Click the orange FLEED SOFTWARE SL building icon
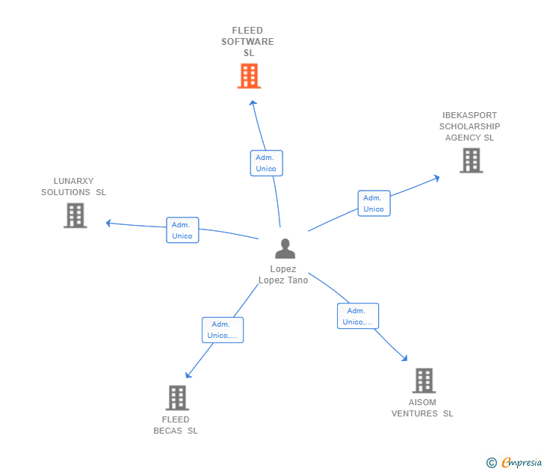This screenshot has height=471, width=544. pos(249,76)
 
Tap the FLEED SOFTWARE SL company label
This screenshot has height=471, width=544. pos(247,42)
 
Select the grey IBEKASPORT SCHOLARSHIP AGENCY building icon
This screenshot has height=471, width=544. pos(471,160)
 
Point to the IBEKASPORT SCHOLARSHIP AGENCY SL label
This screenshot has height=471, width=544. pos(469,126)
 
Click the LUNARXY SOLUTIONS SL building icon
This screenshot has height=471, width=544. pos(75,215)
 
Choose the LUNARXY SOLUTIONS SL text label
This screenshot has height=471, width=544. pos(73,187)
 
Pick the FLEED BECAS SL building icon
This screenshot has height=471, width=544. pos(177,398)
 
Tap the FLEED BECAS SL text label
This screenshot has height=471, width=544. pos(176,425)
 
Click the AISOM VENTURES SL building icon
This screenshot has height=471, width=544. pos(424,381)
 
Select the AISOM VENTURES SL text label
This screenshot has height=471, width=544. pos(422,408)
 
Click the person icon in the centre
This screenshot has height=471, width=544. pos(285,248)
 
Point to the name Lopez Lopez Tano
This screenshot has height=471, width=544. pos(283,274)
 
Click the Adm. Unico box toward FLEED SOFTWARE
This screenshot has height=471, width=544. pos(266,163)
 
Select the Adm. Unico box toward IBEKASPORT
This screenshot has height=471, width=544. pos(374,203)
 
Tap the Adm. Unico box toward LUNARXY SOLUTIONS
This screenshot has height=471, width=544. pos(182,230)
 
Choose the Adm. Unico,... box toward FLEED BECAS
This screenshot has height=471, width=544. pos(223,330)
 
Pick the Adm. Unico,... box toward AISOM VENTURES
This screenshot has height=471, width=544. pos(358,316)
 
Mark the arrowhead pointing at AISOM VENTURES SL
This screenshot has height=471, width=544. pos(406,359)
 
